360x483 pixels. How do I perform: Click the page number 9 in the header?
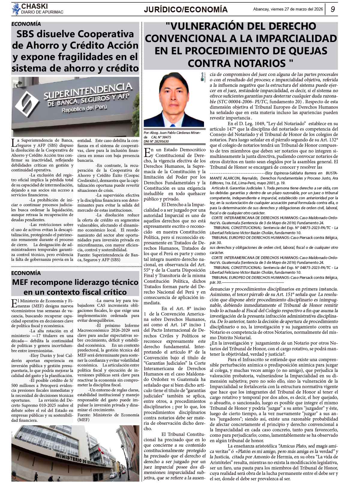pos(333,9)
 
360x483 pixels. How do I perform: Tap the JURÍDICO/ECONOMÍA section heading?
pos(186,10)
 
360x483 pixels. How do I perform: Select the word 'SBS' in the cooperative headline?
pos(27,34)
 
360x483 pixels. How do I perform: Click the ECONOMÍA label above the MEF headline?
pos(26,273)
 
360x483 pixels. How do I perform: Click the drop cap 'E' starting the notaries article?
pos(147,152)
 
